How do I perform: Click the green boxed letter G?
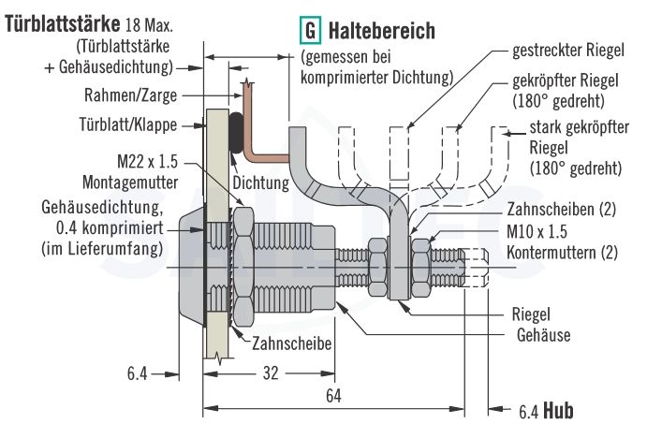click(x=309, y=32)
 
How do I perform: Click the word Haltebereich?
click(x=382, y=32)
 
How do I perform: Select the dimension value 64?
click(x=334, y=395)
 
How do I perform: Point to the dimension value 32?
click(x=271, y=372)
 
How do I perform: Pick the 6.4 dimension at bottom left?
click(x=137, y=372)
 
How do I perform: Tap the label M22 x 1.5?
click(x=154, y=159)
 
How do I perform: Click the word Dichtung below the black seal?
click(x=259, y=183)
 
